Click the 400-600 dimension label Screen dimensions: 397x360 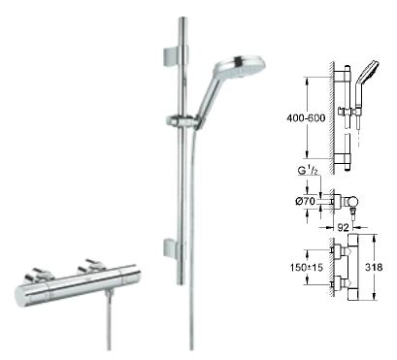click(306, 118)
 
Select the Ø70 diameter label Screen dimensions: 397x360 click(305, 201)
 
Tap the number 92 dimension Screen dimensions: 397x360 click(344, 228)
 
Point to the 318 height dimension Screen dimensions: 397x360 click(374, 267)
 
